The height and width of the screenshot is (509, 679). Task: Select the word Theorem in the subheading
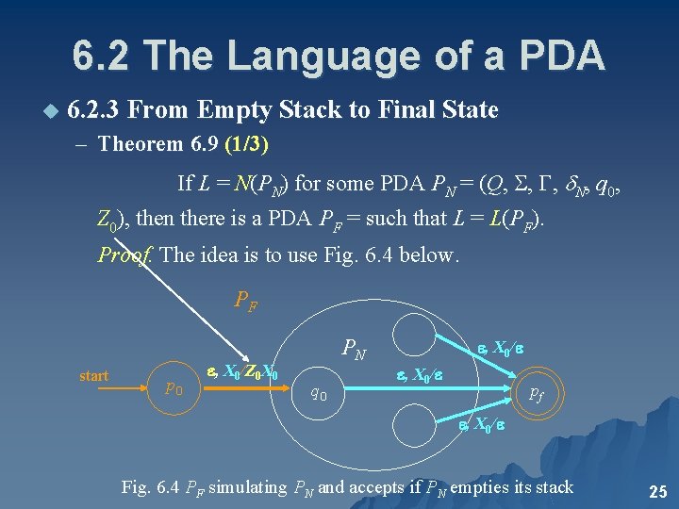(137, 145)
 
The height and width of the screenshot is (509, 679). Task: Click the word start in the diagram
(94, 376)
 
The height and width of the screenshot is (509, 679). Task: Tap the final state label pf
(535, 393)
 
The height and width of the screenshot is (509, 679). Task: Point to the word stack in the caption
(552, 486)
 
